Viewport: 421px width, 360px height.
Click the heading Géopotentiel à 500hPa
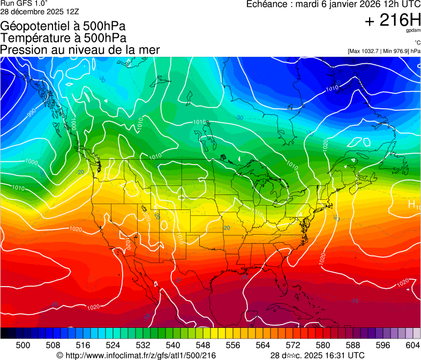pos(63,26)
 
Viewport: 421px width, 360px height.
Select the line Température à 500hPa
pos(63,38)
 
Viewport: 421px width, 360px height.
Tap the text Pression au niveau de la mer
pos(80,50)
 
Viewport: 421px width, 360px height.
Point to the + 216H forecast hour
pos(392,20)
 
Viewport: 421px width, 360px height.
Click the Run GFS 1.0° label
pos(24,3)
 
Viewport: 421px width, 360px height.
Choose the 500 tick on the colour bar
pos(23,345)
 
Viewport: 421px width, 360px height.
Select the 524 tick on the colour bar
pos(113,345)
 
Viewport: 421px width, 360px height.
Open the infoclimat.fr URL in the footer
pos(140,355)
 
